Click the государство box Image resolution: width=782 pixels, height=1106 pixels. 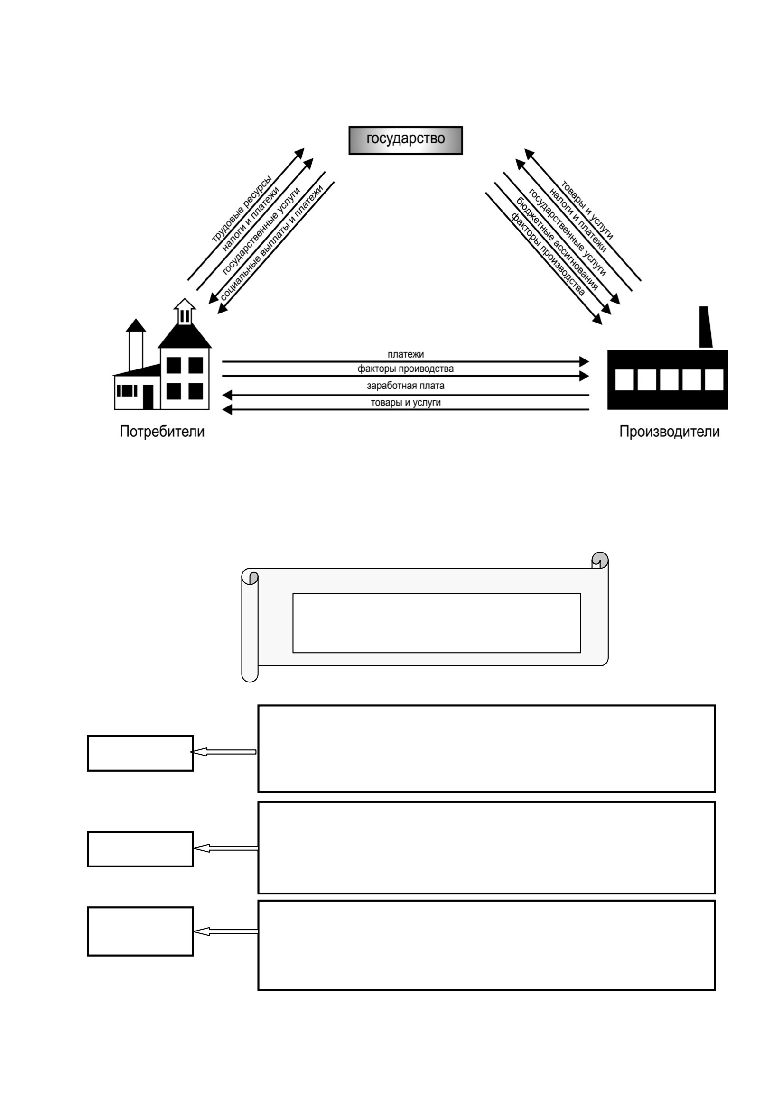pos(405,140)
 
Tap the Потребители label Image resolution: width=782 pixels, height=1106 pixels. pos(162,431)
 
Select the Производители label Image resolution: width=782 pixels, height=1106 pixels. pos(669,431)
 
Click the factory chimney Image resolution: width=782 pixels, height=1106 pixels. pos(706,327)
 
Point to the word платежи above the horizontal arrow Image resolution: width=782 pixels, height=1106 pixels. pos(406,354)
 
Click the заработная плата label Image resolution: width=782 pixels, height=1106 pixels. pos(406,386)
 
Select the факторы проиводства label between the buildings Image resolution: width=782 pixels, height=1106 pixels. pos(406,369)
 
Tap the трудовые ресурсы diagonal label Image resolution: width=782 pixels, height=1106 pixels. pos(242,209)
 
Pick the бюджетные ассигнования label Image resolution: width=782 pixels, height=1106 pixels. pos(557,244)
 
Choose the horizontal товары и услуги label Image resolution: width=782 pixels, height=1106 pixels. pos(406,402)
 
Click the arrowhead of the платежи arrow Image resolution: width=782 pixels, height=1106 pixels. pos(584,361)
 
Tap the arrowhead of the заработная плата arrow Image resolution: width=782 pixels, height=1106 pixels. pos(227,395)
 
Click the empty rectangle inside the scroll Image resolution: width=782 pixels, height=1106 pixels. pos(437,623)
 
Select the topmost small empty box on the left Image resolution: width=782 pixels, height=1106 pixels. pos(140,753)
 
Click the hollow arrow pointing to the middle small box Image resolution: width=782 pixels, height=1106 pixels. pos(225,848)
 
